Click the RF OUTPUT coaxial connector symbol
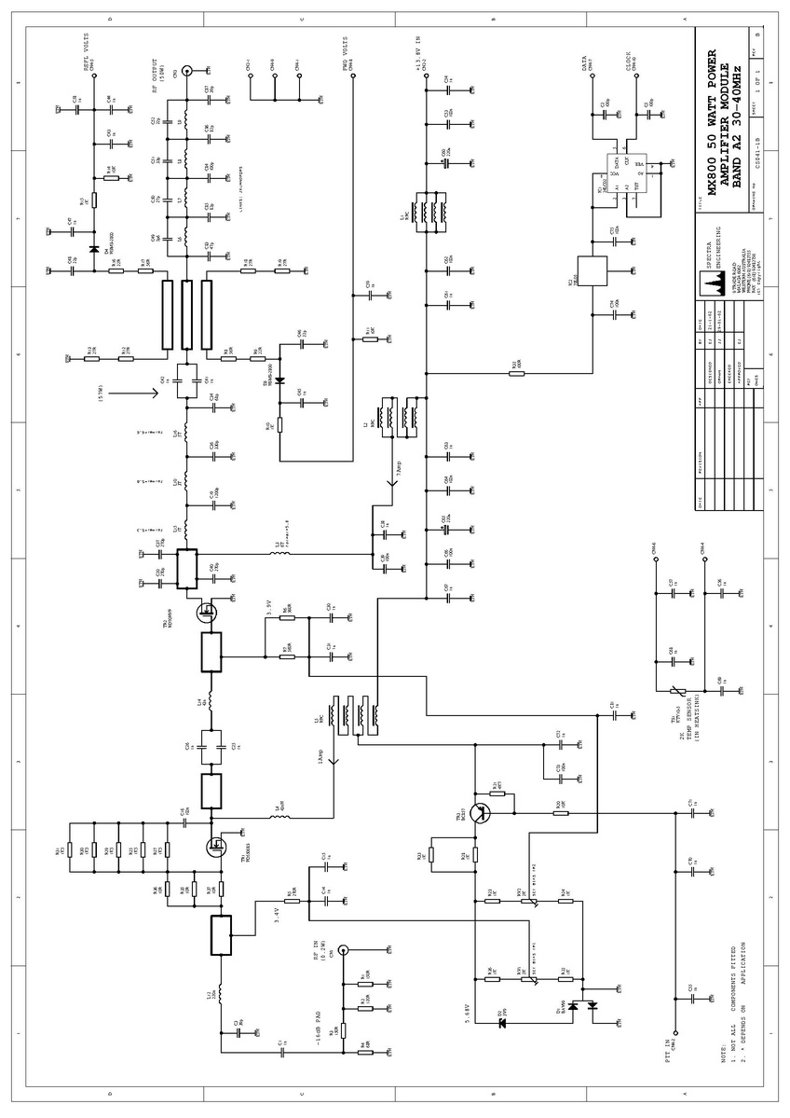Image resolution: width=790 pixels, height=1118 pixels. pos(186,70)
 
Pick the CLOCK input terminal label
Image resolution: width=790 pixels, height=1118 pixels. pos(628,62)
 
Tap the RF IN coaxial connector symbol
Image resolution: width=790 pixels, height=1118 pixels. pos(343,951)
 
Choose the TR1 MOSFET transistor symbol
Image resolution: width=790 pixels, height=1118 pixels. pos(217,846)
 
